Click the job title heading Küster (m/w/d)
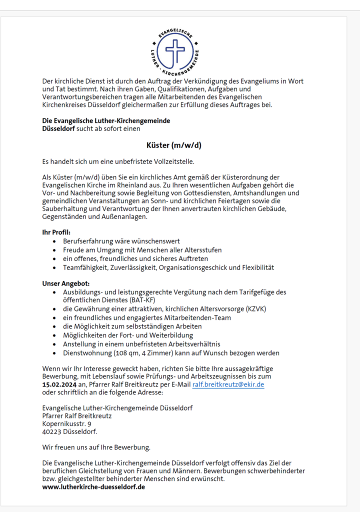[x=173, y=145]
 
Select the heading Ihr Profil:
[x=56, y=232]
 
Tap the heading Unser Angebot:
[x=66, y=283]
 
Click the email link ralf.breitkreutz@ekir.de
[x=228, y=384]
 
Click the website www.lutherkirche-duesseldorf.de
[x=94, y=486]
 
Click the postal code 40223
[x=52, y=431]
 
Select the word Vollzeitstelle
[x=172, y=161]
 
